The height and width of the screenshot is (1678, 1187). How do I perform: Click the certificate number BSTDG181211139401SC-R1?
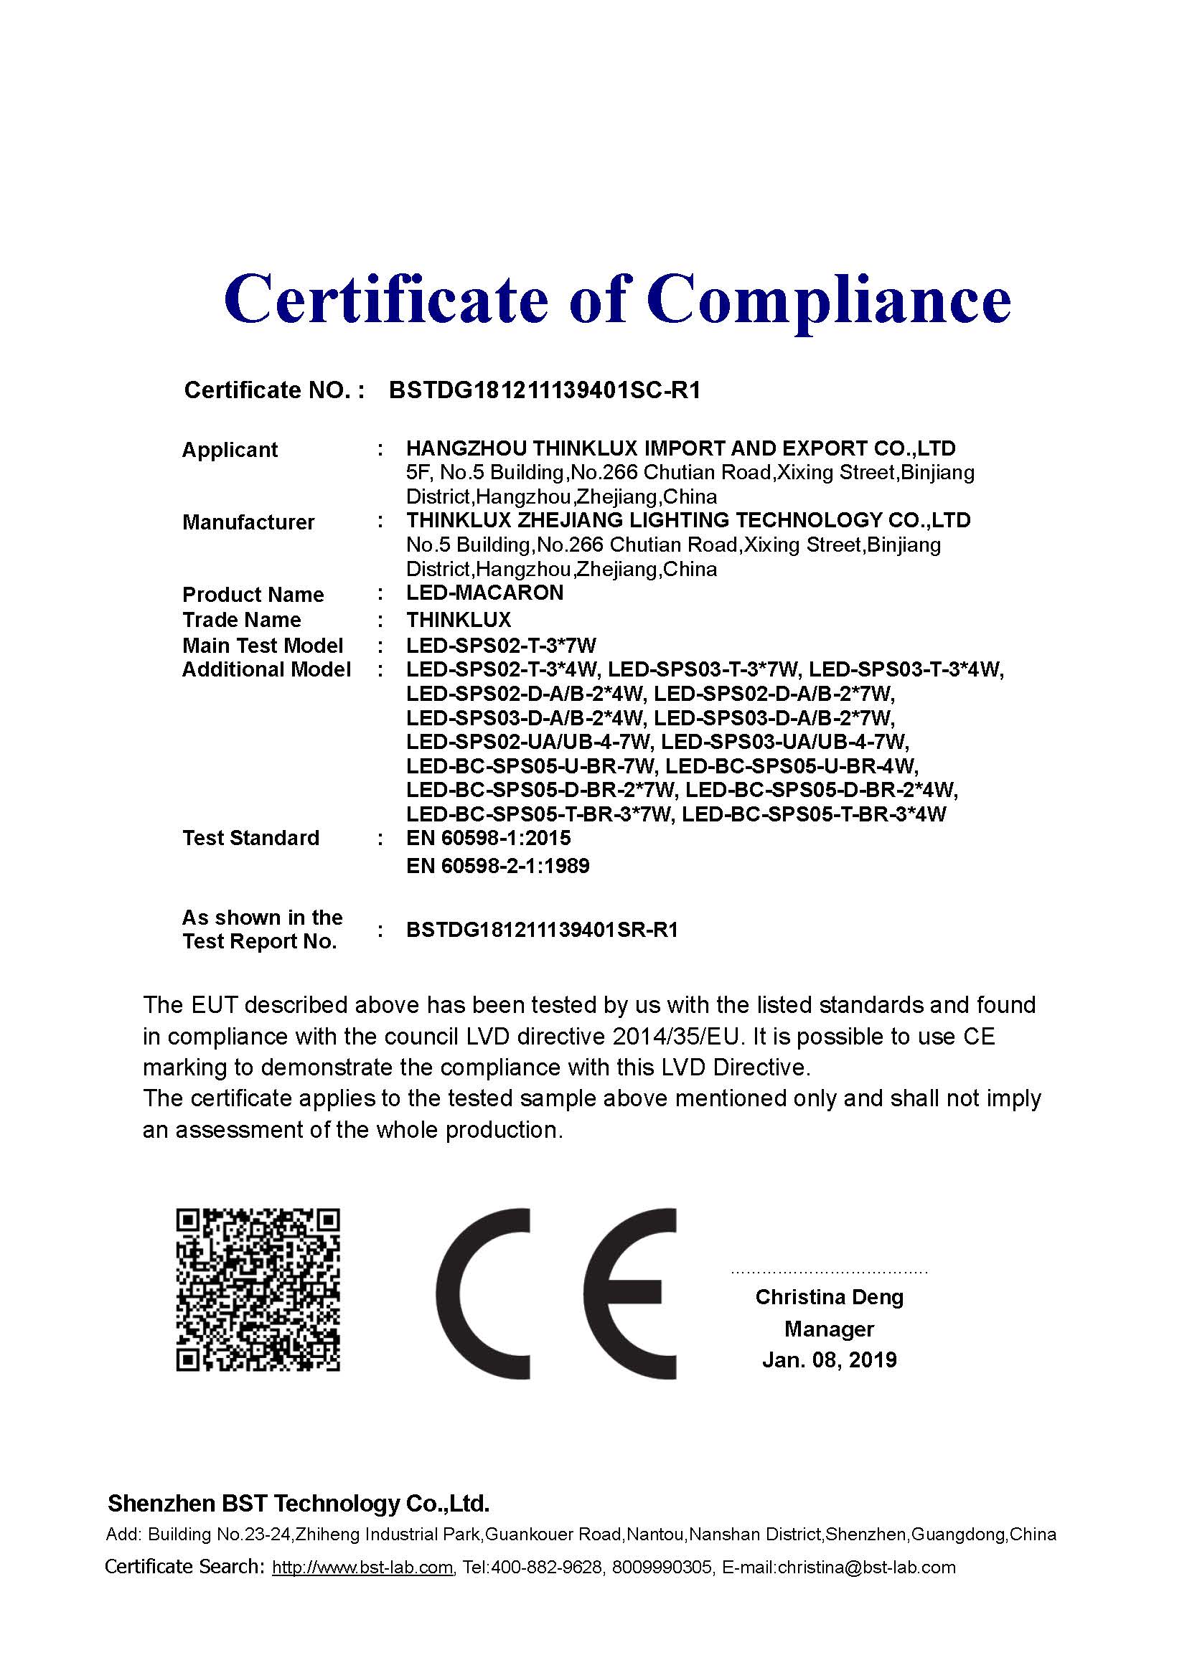(x=545, y=390)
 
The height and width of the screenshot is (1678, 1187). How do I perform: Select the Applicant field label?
(x=230, y=450)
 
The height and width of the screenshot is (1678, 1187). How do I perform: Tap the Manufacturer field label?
(x=248, y=522)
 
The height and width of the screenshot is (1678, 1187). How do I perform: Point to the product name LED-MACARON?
(x=484, y=593)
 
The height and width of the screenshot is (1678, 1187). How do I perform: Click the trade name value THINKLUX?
(x=459, y=620)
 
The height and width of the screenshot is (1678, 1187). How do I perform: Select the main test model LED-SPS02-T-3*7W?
(x=502, y=646)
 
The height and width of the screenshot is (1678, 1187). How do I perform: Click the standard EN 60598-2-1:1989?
(x=498, y=866)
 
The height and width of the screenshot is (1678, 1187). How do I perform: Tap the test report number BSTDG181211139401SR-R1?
(x=542, y=930)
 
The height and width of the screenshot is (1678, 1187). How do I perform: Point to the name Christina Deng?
(x=829, y=1297)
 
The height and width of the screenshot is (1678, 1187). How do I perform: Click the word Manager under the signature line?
(x=829, y=1329)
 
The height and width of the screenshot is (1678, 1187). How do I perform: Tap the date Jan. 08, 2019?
(x=829, y=1360)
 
